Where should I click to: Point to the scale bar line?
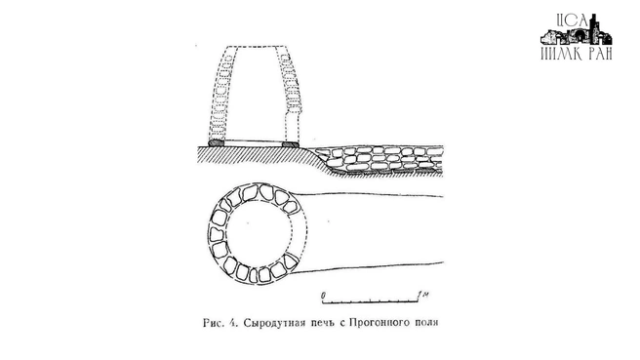372,300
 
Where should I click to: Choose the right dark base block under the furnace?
290,143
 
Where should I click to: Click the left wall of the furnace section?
220,93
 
